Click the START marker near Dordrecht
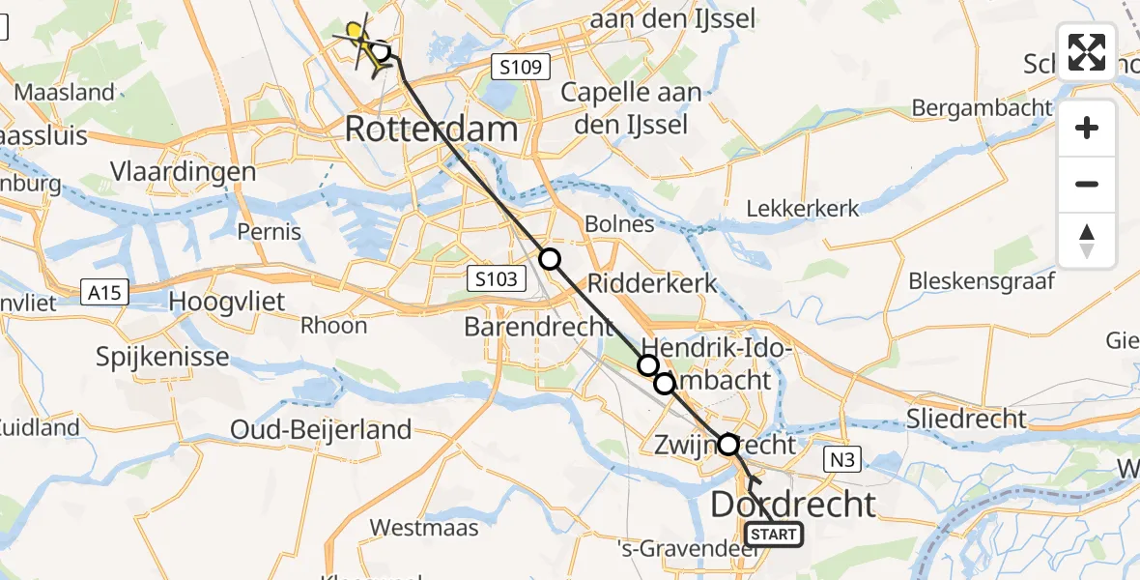773,535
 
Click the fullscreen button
1087,52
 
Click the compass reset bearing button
1087,241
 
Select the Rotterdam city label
431,129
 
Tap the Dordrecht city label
794,504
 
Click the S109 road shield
520,68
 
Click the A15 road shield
101,290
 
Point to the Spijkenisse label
162,357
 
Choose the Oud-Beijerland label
322,429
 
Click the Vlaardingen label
183,172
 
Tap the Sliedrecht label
966,419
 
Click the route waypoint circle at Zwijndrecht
728,445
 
